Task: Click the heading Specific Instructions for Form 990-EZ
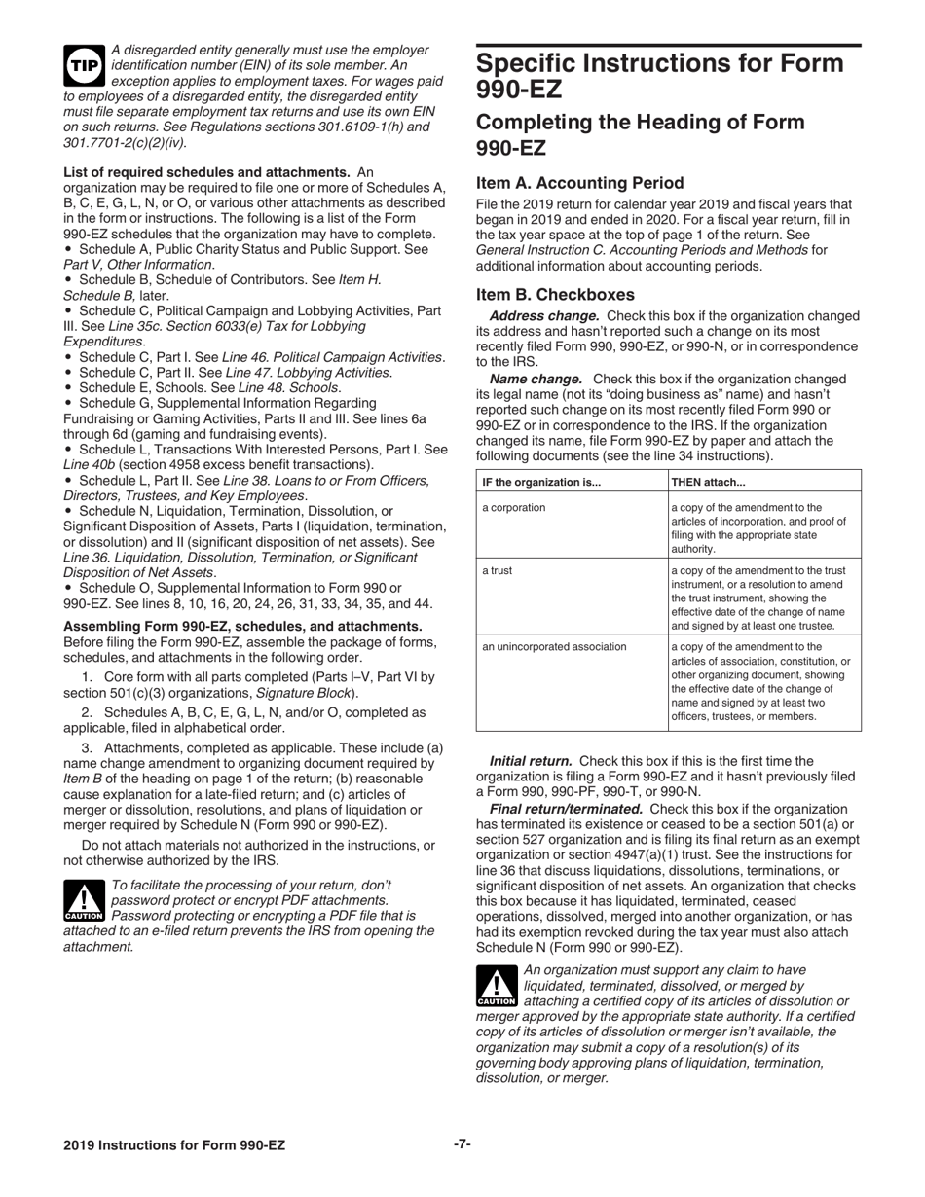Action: (659, 76)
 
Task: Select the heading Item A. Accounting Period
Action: (579, 183)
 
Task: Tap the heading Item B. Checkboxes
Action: (555, 294)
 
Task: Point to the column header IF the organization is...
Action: (542, 481)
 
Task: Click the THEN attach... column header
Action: (709, 481)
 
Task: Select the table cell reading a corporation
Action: (514, 507)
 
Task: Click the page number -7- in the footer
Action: (462, 1144)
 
